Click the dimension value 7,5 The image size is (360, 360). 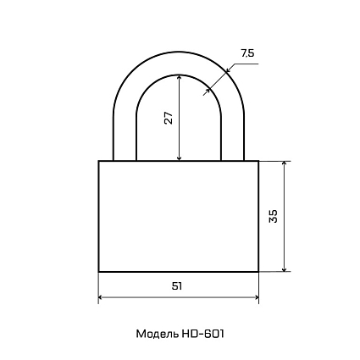(247, 53)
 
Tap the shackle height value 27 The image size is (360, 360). (168, 118)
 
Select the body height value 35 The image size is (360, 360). (274, 216)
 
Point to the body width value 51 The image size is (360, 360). (177, 286)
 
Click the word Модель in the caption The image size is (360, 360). (158, 334)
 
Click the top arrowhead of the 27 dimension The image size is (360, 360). (179, 77)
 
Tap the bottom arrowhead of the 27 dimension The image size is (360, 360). (179, 158)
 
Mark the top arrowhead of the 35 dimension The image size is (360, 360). (285, 164)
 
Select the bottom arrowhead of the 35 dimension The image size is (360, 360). (285, 269)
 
